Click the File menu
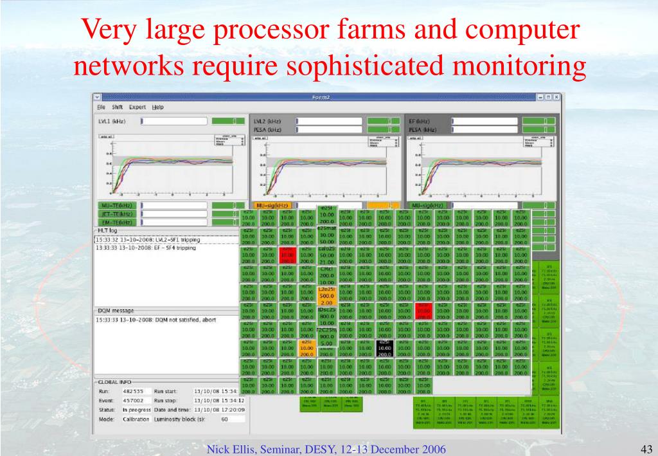(x=101, y=107)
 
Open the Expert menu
(x=138, y=107)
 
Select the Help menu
(x=158, y=107)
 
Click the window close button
(x=556, y=96)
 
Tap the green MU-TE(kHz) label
(x=116, y=205)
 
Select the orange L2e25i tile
(x=326, y=296)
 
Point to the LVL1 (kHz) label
(x=112, y=121)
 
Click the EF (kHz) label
(x=420, y=121)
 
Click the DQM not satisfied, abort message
(x=156, y=320)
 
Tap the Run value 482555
(x=132, y=390)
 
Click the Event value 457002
(x=132, y=400)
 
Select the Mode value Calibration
(x=136, y=419)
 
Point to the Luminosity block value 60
(x=225, y=419)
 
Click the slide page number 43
(x=647, y=448)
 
